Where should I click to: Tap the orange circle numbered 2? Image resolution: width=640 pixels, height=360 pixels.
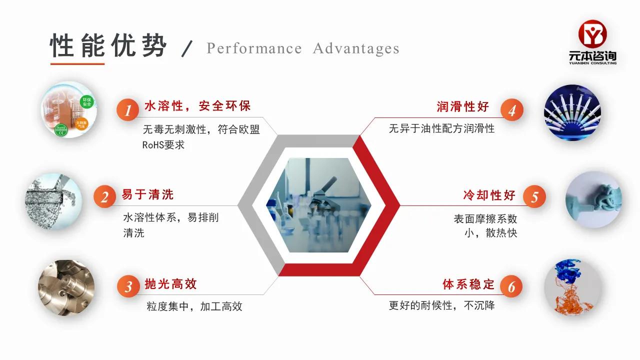(x=104, y=197)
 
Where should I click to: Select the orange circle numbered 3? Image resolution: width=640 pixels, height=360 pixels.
(x=128, y=286)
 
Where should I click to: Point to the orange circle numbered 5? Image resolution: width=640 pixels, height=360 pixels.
(x=534, y=197)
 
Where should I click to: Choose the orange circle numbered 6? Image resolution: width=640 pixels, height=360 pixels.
(x=511, y=286)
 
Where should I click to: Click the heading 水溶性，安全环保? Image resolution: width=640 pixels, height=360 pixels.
(x=197, y=106)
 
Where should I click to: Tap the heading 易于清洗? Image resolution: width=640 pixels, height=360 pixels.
(x=147, y=194)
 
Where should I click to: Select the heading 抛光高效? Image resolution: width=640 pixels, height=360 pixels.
(x=170, y=284)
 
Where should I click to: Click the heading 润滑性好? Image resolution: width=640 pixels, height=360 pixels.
(x=462, y=106)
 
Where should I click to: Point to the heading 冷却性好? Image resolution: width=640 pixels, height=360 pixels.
(x=489, y=195)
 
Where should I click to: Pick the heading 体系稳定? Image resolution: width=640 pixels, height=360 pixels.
(x=468, y=284)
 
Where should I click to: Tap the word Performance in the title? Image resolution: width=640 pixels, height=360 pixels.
(x=254, y=48)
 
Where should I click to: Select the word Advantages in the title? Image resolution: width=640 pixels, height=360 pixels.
(x=356, y=48)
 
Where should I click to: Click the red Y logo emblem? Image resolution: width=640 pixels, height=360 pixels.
(x=592, y=33)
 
